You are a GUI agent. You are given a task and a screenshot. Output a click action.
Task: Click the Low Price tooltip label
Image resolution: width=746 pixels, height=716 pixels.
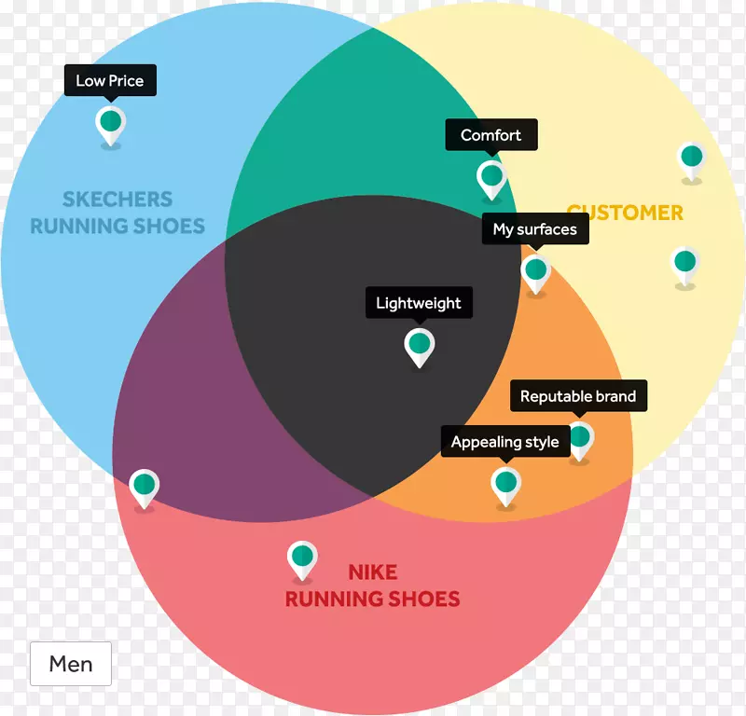(x=110, y=80)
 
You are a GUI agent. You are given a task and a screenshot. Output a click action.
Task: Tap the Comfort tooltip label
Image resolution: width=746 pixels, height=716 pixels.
(x=490, y=135)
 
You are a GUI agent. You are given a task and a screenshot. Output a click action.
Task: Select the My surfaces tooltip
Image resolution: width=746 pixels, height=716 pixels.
(x=534, y=229)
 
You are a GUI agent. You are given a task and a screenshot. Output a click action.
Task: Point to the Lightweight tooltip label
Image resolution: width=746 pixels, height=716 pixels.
(x=418, y=303)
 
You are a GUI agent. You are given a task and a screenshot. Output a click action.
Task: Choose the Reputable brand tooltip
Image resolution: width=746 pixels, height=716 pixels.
(x=578, y=396)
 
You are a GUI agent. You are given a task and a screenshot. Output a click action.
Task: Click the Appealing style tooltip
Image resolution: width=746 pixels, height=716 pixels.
(x=504, y=442)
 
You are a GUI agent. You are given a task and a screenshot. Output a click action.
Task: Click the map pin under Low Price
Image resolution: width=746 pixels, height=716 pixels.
(x=110, y=123)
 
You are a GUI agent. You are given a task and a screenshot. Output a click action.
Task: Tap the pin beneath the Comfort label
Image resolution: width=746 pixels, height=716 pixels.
(x=490, y=177)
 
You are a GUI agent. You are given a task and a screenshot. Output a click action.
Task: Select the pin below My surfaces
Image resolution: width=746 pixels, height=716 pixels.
(x=535, y=272)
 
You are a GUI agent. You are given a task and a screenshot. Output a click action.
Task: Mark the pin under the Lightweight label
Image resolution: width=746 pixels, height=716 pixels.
(x=420, y=345)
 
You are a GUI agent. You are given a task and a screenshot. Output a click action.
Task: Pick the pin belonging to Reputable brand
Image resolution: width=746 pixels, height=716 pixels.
(x=580, y=437)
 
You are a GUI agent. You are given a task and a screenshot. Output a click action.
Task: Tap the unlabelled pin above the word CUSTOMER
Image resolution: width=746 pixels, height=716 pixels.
(x=690, y=158)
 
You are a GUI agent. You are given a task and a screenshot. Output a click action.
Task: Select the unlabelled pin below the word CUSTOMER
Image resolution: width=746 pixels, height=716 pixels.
(x=684, y=264)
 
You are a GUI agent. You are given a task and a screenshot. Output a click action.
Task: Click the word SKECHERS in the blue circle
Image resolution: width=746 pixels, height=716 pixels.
(x=117, y=199)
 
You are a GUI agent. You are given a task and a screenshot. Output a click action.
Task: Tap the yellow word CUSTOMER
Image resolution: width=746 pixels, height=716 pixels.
(x=625, y=213)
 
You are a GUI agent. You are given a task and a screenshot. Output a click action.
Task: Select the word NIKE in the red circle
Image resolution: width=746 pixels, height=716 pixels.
(x=372, y=571)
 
